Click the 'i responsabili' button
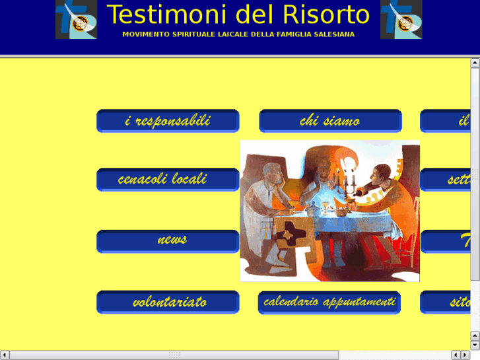tap(168, 121)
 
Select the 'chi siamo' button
tap(330, 121)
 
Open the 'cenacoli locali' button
tap(168, 180)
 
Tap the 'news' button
tap(168, 241)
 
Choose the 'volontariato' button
tap(168, 302)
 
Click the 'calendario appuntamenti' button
tap(329, 302)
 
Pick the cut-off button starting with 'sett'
tap(446, 180)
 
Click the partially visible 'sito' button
tap(446, 302)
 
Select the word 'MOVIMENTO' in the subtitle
tap(145, 34)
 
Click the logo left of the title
tap(76, 20)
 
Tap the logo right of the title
tap(401, 20)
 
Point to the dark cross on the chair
tap(289, 233)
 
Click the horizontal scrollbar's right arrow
tap(464, 355)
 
